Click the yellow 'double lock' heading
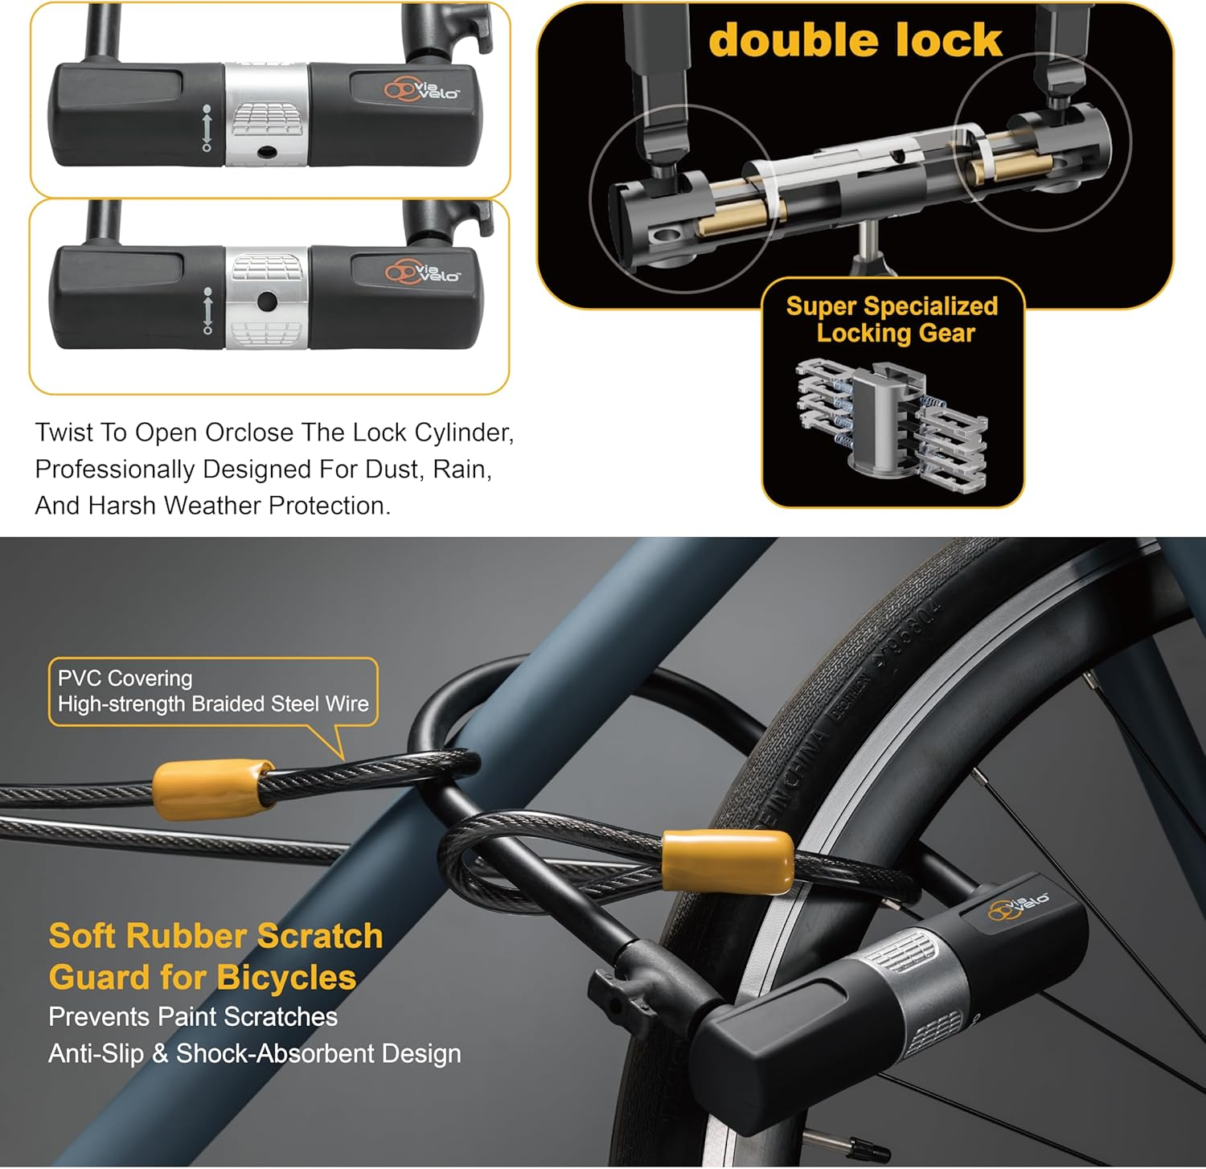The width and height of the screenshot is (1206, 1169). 855,41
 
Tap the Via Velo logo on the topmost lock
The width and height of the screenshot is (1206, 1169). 421,88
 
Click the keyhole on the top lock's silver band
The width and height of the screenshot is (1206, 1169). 266,152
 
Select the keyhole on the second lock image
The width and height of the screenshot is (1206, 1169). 267,302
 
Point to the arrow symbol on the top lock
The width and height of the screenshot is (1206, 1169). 207,128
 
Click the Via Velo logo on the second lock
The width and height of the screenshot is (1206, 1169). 423,273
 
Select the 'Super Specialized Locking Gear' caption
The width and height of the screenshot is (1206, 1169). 892,319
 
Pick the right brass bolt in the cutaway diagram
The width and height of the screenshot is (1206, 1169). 1010,167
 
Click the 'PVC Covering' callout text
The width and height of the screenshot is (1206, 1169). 125,679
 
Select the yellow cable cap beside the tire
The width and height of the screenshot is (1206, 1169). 728,861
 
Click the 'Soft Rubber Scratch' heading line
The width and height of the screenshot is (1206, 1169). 215,937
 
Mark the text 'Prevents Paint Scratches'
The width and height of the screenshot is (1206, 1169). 193,1017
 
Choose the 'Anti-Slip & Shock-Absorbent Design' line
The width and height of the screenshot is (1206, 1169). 255,1053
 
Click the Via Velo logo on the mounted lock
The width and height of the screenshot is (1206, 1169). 1018,906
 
